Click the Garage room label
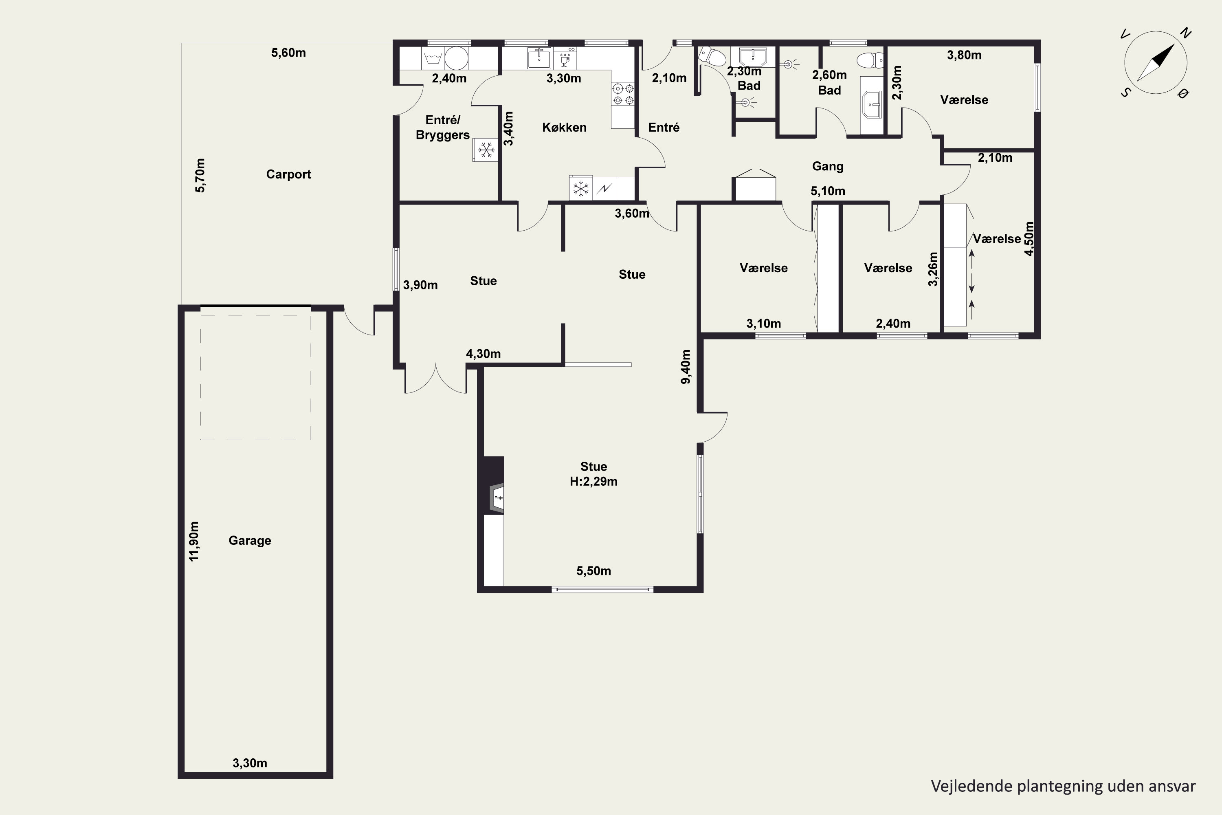click(x=250, y=541)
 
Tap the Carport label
click(x=288, y=174)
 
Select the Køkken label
click(x=564, y=127)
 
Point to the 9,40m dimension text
click(x=686, y=367)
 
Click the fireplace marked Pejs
click(x=498, y=498)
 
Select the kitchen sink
click(x=540, y=58)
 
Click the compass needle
click(x=1156, y=63)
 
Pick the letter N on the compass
click(x=1186, y=34)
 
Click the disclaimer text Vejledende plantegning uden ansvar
click(x=1063, y=786)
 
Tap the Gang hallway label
click(x=828, y=166)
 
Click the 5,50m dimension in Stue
click(x=593, y=571)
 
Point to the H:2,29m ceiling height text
click(x=593, y=481)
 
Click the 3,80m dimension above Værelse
click(x=964, y=55)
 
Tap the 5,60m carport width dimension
click(x=288, y=53)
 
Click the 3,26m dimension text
click(x=933, y=269)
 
